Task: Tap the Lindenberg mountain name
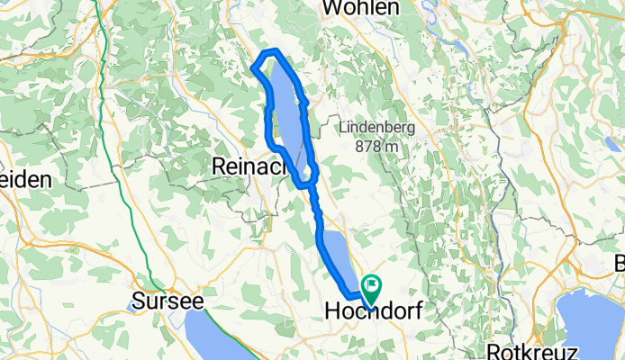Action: [x=377, y=128]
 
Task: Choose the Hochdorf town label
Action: [x=371, y=311]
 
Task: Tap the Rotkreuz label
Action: [x=525, y=350]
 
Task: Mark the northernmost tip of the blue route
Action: [x=274, y=52]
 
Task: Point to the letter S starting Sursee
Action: [x=138, y=300]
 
